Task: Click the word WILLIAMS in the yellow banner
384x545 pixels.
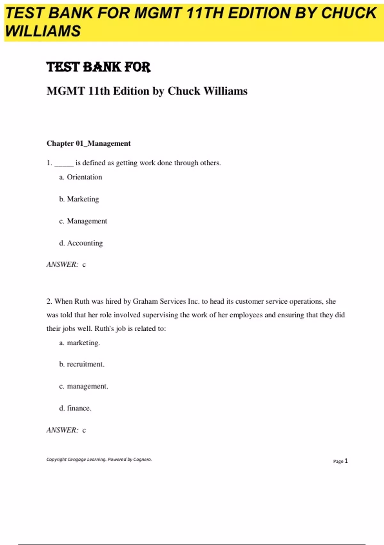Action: coord(43,31)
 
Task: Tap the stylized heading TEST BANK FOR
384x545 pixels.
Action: coord(99,67)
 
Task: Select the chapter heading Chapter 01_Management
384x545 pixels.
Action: coord(89,143)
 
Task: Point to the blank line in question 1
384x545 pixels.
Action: coord(64,163)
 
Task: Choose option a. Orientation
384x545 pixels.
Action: coord(81,177)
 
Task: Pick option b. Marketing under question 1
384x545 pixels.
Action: coord(79,199)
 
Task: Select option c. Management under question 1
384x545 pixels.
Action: coord(83,221)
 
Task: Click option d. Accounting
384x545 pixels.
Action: coord(81,243)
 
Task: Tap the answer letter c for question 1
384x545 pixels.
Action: coord(84,265)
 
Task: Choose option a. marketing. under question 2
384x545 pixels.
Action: coord(80,343)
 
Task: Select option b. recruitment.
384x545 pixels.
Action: coord(82,365)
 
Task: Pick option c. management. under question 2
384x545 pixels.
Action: coord(84,386)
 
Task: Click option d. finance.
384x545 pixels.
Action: coord(75,408)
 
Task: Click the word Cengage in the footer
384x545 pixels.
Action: coord(76,459)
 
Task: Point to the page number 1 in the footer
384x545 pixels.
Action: coord(346,461)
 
